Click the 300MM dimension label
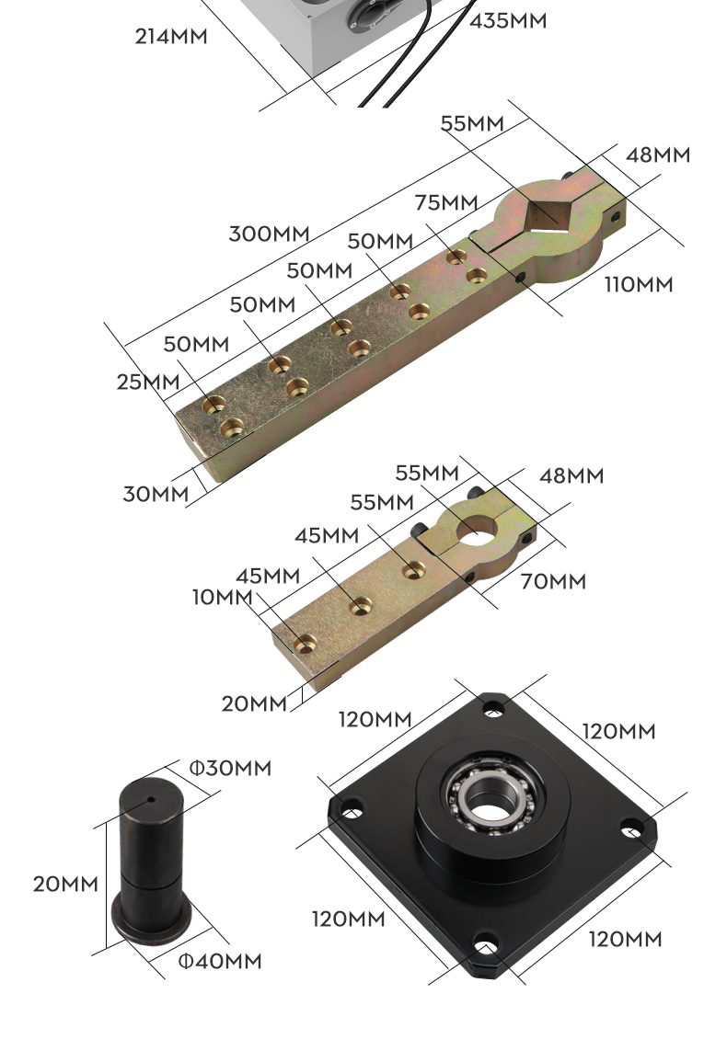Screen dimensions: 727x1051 (269, 234)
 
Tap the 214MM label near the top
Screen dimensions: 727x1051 (171, 36)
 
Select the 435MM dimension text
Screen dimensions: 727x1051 (508, 21)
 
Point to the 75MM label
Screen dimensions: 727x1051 (446, 201)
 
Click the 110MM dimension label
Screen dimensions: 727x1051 (639, 284)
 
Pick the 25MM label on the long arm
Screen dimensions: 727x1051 (148, 382)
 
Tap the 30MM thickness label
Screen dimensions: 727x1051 (156, 494)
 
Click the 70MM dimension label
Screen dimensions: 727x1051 (553, 581)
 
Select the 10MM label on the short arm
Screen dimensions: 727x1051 (223, 597)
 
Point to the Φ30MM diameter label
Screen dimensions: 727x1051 (231, 768)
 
